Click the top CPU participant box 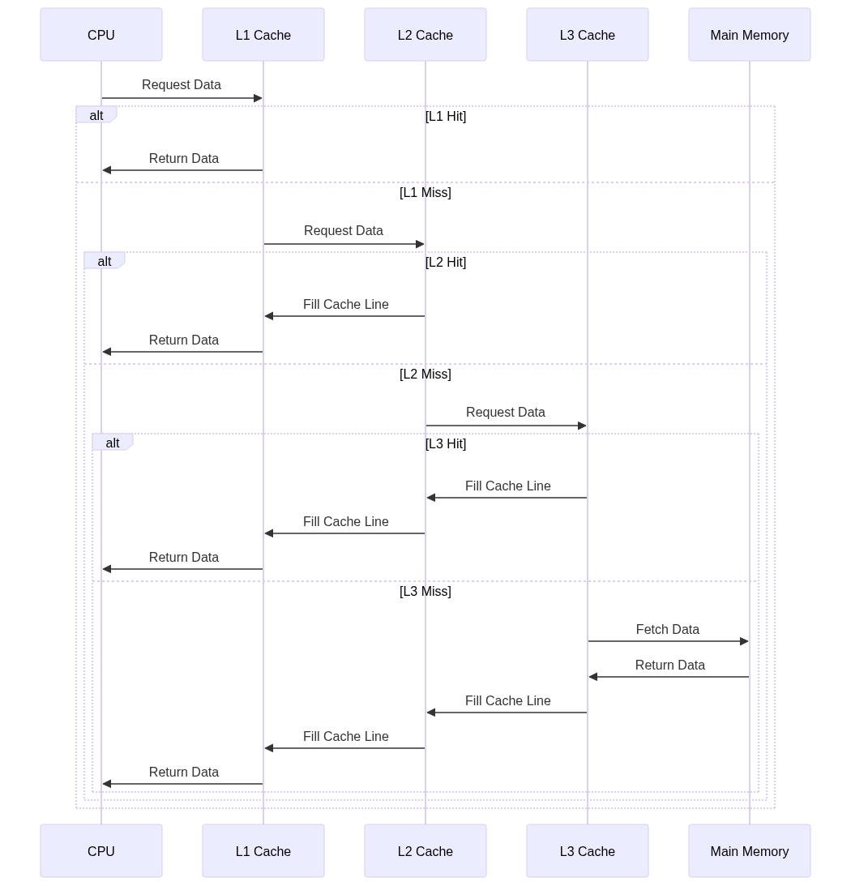click(x=101, y=35)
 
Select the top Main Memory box click(x=750, y=35)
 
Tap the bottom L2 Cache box click(x=425, y=850)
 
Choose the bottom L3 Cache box click(x=588, y=850)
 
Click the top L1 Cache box click(x=263, y=35)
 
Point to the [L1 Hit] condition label click(x=446, y=117)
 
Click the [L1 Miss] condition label click(x=425, y=193)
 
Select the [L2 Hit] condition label click(x=446, y=262)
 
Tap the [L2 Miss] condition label click(x=425, y=374)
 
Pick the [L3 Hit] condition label click(x=446, y=443)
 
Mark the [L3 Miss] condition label click(x=425, y=592)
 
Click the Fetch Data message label click(x=667, y=630)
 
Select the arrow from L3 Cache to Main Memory click(x=669, y=641)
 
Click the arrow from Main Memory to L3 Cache click(x=669, y=677)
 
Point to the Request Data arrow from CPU click(x=182, y=98)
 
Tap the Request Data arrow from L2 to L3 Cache click(x=507, y=426)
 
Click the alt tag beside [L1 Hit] click(x=96, y=115)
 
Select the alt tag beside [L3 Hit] click(x=113, y=443)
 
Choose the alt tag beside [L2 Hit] click(x=105, y=261)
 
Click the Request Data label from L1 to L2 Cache click(x=344, y=230)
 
